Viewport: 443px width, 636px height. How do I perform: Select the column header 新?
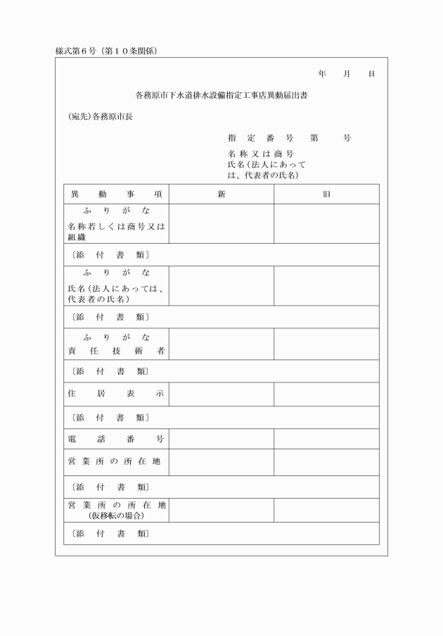click(x=222, y=194)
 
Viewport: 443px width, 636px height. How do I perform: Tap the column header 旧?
click(x=326, y=194)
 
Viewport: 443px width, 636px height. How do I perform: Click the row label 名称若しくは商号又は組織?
click(x=116, y=232)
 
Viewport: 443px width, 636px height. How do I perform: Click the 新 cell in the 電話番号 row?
click(x=222, y=439)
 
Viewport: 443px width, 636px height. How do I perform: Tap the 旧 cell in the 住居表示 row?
click(x=326, y=394)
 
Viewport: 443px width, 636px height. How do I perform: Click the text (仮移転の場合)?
click(x=116, y=516)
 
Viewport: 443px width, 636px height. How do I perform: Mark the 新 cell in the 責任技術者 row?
click(x=222, y=344)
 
